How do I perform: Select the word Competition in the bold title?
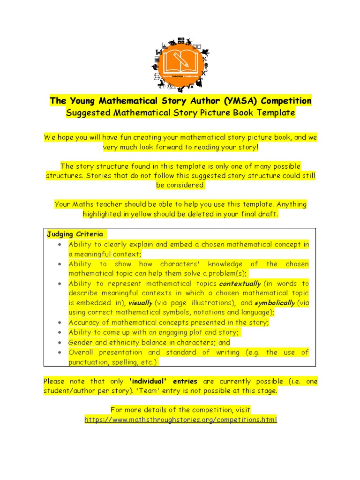click(x=286, y=101)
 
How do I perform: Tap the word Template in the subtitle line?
click(x=277, y=112)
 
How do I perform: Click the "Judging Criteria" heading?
click(x=75, y=234)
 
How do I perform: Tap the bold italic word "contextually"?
click(x=240, y=284)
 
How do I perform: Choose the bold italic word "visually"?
click(x=141, y=303)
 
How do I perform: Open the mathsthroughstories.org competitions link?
click(x=180, y=420)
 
